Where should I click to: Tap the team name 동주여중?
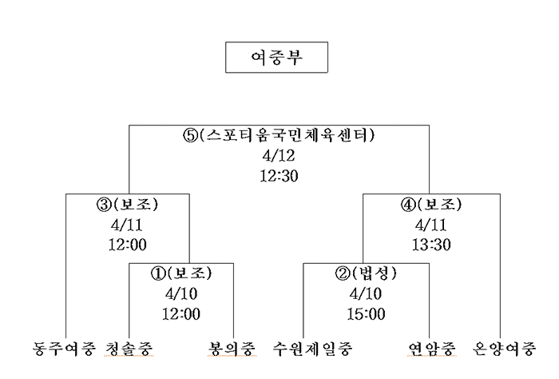pos(64,349)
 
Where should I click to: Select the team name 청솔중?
pos(129,349)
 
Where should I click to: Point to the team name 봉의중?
pos(232,349)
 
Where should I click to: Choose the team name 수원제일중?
pos(313,349)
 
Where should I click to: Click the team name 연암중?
pos(432,349)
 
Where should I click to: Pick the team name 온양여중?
pos(505,349)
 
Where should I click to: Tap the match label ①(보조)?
pos(181,273)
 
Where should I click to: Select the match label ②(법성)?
pos(366,273)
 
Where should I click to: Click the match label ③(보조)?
pos(127,205)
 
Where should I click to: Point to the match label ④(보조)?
pos(431,205)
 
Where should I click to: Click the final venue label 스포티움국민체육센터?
pos(287,135)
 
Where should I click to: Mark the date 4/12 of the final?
pos(279,156)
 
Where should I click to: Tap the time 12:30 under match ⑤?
pos(279,176)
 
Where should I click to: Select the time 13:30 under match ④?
pos(431,245)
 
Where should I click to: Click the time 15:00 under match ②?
pos(366,314)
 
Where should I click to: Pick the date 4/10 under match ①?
pos(181,294)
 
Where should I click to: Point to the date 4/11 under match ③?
pos(127,225)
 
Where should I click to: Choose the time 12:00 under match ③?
pos(127,245)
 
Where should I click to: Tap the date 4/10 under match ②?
pos(366,294)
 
